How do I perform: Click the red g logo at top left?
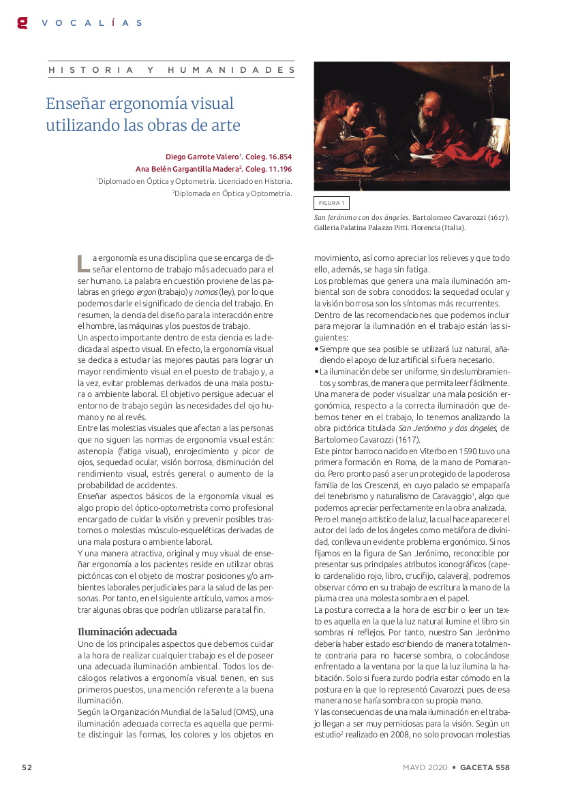22,22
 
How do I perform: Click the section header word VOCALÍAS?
91,22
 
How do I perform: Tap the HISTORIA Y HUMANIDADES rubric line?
171,70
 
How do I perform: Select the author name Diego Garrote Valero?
202,157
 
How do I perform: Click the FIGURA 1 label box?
332,203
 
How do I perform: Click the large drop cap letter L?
82,263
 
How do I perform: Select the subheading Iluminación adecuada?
127,631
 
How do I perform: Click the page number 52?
27,767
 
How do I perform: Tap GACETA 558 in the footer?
485,767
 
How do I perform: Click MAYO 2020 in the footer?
425,767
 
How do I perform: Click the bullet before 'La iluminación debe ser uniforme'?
316,372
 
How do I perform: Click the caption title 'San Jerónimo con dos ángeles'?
361,217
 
